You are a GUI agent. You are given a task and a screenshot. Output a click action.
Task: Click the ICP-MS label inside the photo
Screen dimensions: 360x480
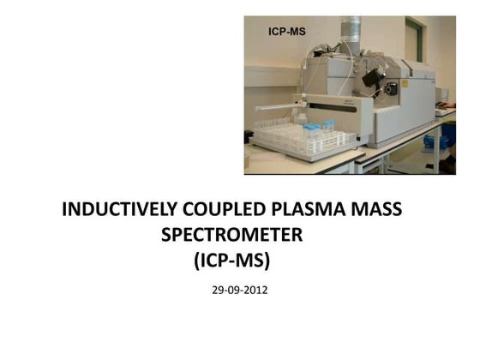pyautogui.click(x=288, y=31)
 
